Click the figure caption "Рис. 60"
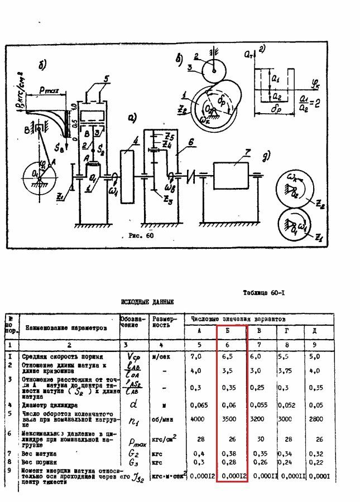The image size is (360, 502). tap(137, 235)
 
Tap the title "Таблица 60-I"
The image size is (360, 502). tap(264, 292)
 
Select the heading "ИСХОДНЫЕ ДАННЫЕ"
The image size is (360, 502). tap(147, 302)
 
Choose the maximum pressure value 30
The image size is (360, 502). tap(258, 439)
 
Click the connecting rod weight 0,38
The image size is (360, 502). tap(231, 453)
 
